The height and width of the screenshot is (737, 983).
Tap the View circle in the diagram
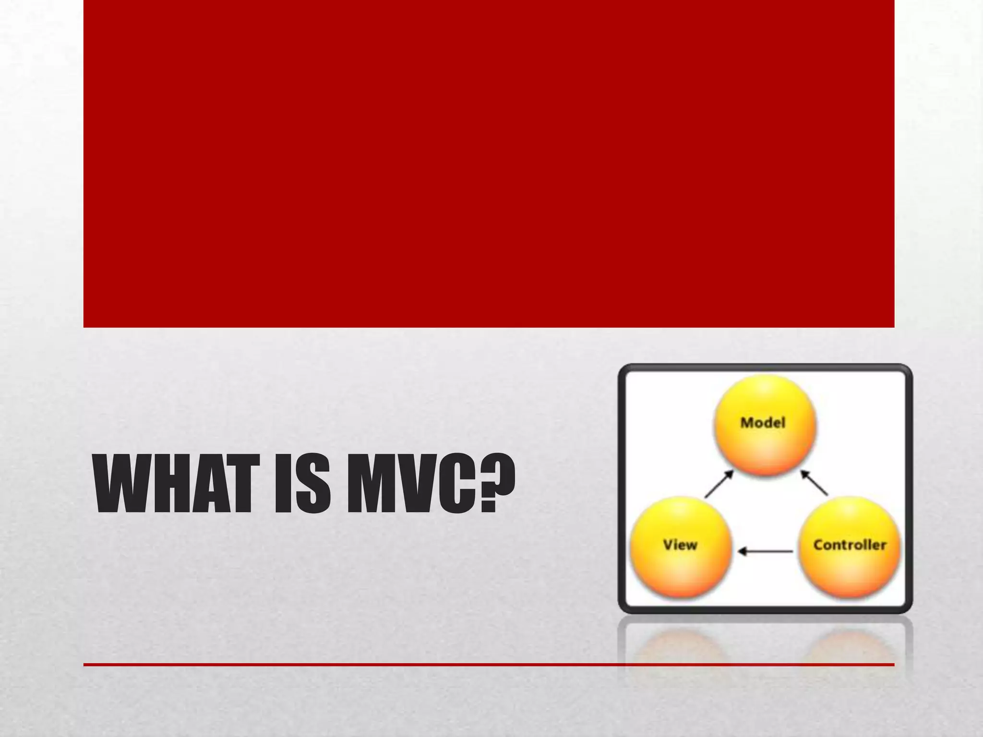[x=681, y=547]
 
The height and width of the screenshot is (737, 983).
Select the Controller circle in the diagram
[x=849, y=547]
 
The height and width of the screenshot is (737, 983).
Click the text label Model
[x=763, y=423]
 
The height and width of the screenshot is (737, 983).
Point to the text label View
[x=680, y=545]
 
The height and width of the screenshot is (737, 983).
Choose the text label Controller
[x=850, y=545]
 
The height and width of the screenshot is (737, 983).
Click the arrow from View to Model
[x=719, y=484]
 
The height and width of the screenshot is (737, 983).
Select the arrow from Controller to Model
[x=814, y=483]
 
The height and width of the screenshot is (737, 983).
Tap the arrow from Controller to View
[x=765, y=552]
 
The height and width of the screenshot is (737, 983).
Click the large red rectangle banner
[x=489, y=163]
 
